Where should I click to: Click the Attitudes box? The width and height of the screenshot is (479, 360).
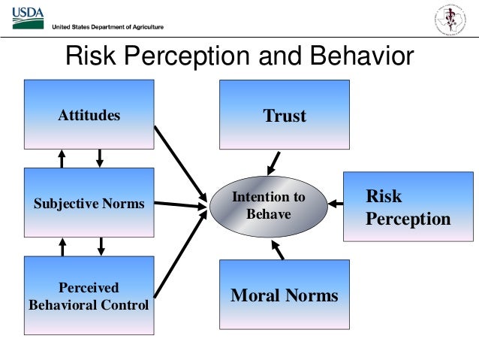89,115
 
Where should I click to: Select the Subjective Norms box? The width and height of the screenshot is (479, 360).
89,203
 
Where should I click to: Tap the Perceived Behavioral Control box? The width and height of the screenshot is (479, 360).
89,295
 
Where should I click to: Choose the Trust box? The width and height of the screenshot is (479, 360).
285,115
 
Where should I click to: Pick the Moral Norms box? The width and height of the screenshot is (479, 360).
285,295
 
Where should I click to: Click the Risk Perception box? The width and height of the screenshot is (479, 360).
408,207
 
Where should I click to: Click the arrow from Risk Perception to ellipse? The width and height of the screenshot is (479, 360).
336,204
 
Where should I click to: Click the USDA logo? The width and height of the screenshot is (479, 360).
28,17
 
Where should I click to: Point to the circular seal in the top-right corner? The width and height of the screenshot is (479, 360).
450,20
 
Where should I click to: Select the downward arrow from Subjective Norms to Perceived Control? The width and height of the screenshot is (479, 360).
100,247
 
